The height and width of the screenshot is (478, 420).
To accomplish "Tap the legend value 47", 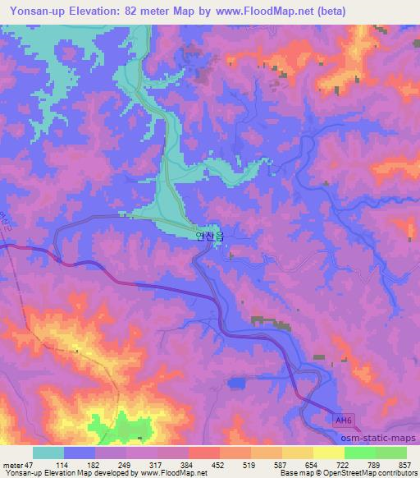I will (30, 464).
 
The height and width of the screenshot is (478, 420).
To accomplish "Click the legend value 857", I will (406, 464).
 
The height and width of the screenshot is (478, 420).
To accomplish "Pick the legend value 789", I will (375, 464).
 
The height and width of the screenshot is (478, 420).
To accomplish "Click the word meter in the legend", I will (12, 464).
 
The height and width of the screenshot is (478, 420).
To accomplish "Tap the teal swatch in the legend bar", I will (48, 453).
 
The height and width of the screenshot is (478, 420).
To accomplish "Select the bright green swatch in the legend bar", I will (360, 453).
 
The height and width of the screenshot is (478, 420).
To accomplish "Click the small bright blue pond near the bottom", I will (237, 382).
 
